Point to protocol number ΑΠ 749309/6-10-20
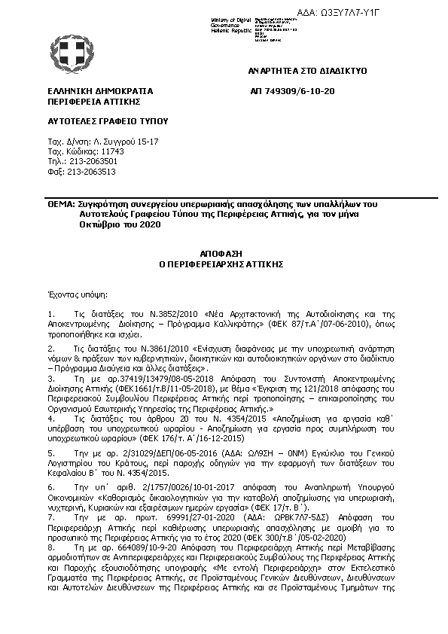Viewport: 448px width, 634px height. pos(292,90)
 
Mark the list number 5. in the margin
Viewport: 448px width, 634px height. pos(50,453)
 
